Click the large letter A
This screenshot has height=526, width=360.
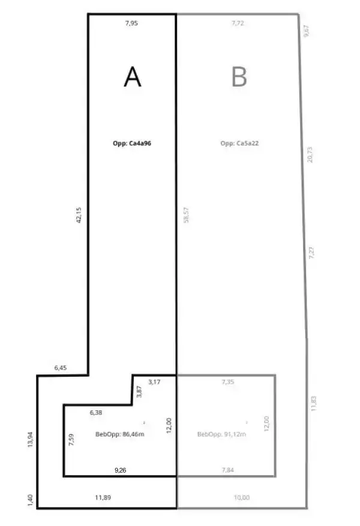[x=133, y=77]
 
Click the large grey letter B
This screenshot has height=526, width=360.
[x=239, y=77]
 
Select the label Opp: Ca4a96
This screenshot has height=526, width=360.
[x=132, y=143]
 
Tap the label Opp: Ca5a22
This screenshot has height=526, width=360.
[x=239, y=143]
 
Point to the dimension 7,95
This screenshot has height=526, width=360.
[x=131, y=23]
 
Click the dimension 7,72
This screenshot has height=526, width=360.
[x=238, y=23]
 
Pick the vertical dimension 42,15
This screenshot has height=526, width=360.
[x=79, y=215]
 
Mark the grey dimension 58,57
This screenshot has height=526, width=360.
[x=186, y=215]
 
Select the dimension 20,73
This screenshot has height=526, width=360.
[x=310, y=155]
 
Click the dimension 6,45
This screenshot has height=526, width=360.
[x=61, y=368]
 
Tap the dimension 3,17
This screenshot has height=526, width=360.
[x=154, y=381]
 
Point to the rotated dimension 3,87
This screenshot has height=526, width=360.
[x=139, y=392]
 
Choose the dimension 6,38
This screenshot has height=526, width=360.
[x=96, y=412]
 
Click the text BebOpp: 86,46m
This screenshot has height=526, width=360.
[x=120, y=434]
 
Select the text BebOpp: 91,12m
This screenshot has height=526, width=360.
[x=222, y=434]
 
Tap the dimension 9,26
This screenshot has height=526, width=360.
[x=121, y=470]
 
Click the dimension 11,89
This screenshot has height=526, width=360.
[x=103, y=497]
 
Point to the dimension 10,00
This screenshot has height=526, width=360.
[x=242, y=497]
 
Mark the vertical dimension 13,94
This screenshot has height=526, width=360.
[x=30, y=440]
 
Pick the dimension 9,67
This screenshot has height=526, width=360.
[x=306, y=31]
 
